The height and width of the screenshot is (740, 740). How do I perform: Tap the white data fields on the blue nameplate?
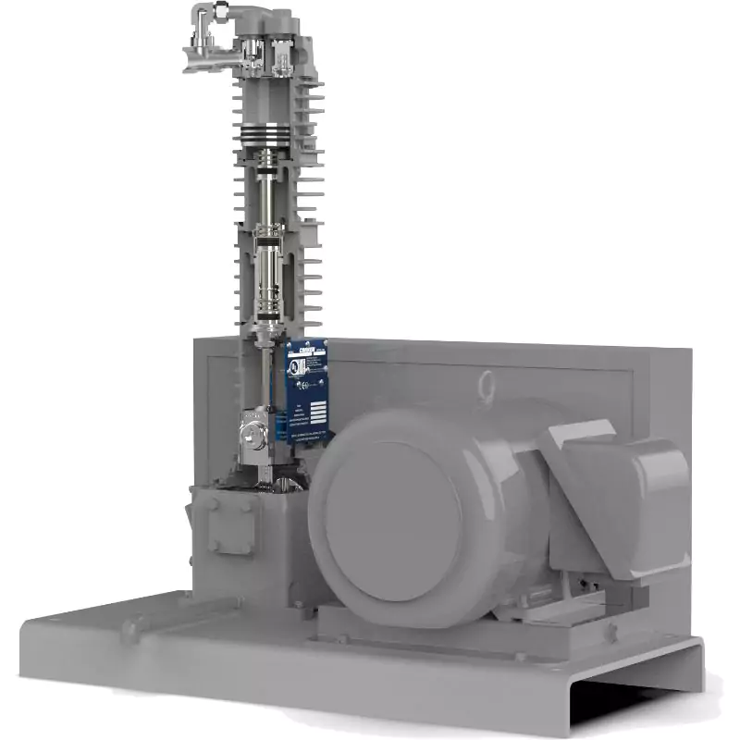[317, 413]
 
